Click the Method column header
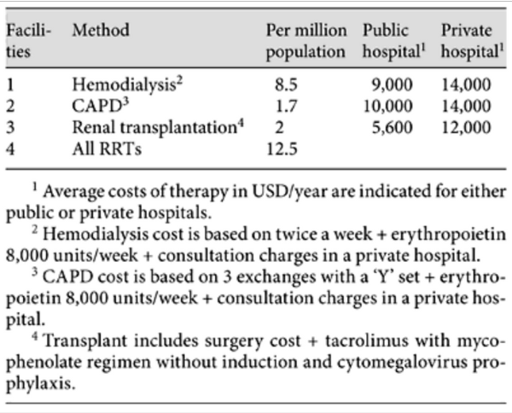(101, 30)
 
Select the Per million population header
(306, 41)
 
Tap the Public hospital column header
(394, 41)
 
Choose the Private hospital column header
(472, 41)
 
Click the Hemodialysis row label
(127, 84)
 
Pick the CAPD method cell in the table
(101, 106)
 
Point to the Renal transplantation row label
(158, 127)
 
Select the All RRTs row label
(107, 148)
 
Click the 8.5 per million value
(286, 84)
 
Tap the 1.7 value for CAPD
(287, 106)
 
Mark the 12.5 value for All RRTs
(282, 149)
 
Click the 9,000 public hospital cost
(393, 84)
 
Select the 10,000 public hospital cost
(388, 107)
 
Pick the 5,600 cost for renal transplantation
(393, 128)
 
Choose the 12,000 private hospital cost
(466, 128)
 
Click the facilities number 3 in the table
(10, 128)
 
